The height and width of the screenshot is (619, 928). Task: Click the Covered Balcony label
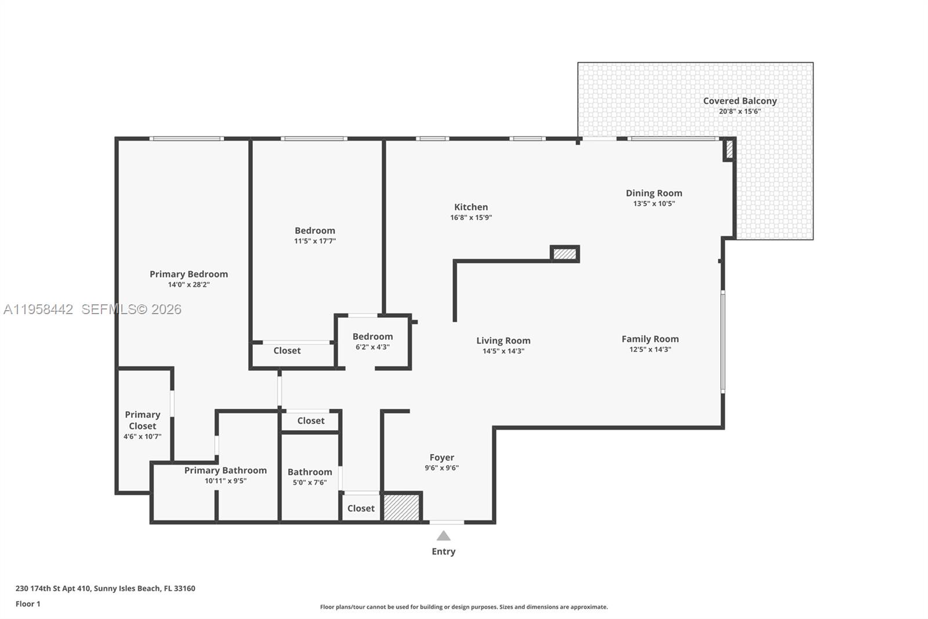click(739, 100)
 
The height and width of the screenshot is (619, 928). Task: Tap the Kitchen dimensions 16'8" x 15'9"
click(471, 218)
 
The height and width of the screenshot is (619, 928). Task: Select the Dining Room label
click(654, 193)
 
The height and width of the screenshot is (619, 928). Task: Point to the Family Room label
click(650, 339)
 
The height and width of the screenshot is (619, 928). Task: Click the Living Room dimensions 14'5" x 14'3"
click(503, 351)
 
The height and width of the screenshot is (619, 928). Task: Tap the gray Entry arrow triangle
click(443, 536)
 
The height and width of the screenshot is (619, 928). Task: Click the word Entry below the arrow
click(443, 552)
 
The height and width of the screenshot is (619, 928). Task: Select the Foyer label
click(441, 458)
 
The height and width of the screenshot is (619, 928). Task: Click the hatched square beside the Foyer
click(401, 508)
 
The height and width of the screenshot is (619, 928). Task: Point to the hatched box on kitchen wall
click(564, 254)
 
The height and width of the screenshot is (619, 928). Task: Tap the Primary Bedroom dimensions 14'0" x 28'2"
click(188, 285)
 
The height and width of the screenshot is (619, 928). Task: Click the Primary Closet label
click(142, 420)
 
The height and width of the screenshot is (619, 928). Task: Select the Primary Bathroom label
click(225, 470)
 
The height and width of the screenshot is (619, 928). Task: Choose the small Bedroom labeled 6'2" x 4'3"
click(372, 337)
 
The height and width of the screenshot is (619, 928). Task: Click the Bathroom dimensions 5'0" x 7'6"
click(310, 483)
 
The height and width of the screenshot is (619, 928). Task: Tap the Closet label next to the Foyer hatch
click(361, 508)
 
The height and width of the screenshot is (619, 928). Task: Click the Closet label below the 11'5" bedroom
click(287, 351)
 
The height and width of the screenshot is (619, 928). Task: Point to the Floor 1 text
click(28, 604)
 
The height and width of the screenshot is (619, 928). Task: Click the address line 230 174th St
click(105, 588)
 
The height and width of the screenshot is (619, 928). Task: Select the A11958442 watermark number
click(38, 310)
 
